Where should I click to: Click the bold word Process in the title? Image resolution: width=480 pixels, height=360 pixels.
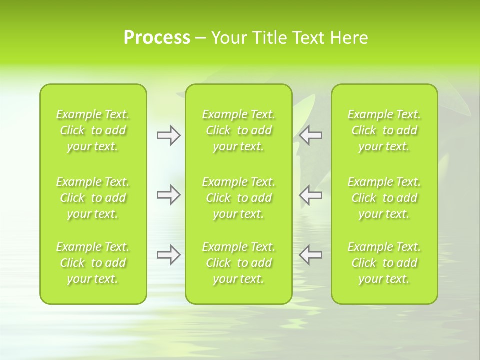(157, 38)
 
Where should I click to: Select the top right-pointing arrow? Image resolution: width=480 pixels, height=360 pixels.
(168, 135)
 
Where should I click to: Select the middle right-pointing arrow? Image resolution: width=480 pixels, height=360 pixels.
(168, 195)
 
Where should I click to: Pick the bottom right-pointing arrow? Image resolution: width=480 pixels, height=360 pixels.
(168, 255)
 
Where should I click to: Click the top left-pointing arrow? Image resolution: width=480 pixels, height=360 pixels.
(311, 135)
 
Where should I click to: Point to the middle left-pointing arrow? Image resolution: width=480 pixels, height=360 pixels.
(311, 195)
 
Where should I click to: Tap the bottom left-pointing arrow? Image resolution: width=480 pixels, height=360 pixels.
(311, 255)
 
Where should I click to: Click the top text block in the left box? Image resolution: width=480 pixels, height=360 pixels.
(93, 130)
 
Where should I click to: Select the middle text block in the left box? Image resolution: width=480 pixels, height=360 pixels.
(93, 198)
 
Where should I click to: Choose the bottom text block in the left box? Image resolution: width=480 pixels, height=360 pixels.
(93, 263)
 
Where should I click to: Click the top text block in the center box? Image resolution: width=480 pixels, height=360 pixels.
(239, 130)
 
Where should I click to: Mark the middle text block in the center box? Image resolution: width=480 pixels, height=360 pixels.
(239, 198)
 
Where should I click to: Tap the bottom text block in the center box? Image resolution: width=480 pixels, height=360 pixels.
(239, 263)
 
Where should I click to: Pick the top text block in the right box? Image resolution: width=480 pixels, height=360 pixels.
(384, 130)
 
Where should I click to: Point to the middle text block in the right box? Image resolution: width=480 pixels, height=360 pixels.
(384, 198)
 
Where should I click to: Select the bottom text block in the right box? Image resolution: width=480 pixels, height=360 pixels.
(384, 263)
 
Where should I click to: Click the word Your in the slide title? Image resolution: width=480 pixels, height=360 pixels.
(228, 38)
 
